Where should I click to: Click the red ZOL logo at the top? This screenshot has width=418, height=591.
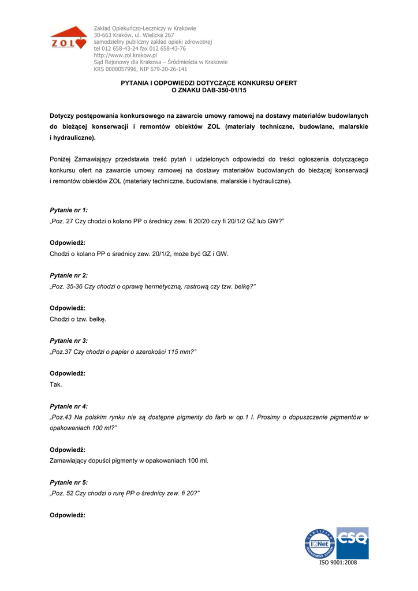pyautogui.click(x=68, y=39)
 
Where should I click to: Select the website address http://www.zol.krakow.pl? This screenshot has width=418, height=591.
pyautogui.click(x=125, y=55)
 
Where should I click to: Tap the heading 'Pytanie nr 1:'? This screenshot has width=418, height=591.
pyautogui.click(x=69, y=210)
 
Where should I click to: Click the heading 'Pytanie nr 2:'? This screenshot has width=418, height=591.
pyautogui.click(x=69, y=275)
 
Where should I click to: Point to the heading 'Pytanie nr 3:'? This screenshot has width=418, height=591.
pyautogui.click(x=69, y=341)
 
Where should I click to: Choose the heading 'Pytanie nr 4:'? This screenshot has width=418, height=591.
pyautogui.click(x=69, y=406)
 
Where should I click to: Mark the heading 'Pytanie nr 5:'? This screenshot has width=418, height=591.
pyautogui.click(x=69, y=482)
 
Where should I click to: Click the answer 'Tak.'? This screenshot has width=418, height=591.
pyautogui.click(x=56, y=384)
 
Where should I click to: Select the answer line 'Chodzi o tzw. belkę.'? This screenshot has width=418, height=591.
pyautogui.click(x=78, y=319)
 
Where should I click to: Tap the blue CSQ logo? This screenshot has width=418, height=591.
pyautogui.click(x=352, y=542)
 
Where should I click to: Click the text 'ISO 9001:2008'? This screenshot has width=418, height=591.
pyautogui.click(x=338, y=563)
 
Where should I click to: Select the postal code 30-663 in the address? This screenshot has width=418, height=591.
pyautogui.click(x=104, y=35)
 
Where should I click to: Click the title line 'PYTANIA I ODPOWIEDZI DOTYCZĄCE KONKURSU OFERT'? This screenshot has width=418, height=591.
pyautogui.click(x=209, y=83)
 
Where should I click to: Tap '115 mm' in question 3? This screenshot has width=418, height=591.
pyautogui.click(x=180, y=351)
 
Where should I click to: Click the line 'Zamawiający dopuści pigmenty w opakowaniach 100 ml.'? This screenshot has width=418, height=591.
pyautogui.click(x=129, y=461)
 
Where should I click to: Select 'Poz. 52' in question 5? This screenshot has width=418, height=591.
pyautogui.click(x=63, y=493)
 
